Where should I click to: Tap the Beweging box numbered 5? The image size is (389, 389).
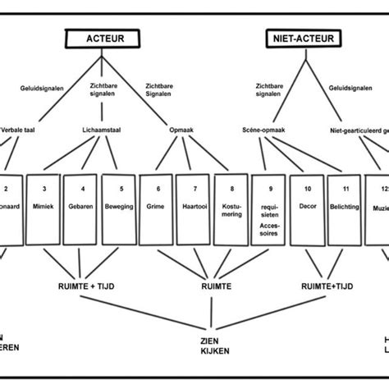118,208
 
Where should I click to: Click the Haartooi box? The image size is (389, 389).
194,208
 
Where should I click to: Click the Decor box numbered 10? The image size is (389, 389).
307,208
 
